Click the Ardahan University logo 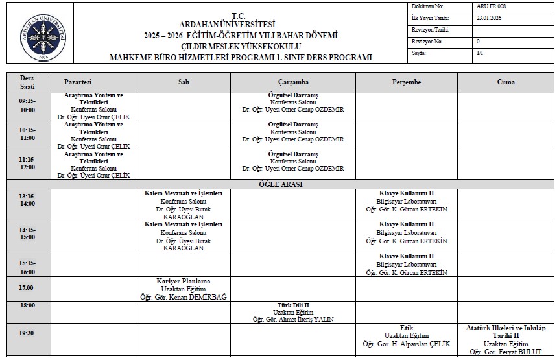(x=43, y=33)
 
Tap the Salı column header (x=184, y=82)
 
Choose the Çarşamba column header (x=292, y=82)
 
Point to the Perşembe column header (x=407, y=82)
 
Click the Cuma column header (x=506, y=82)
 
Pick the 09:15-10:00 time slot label (x=27, y=106)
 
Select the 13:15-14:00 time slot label (x=27, y=199)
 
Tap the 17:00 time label (x=27, y=288)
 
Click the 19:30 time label (x=27, y=333)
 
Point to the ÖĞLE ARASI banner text (x=281, y=184)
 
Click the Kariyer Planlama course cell (x=184, y=289)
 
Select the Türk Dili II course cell (x=292, y=312)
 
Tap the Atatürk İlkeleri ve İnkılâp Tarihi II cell (x=506, y=339)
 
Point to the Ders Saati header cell (x=27, y=82)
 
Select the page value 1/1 (x=479, y=53)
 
